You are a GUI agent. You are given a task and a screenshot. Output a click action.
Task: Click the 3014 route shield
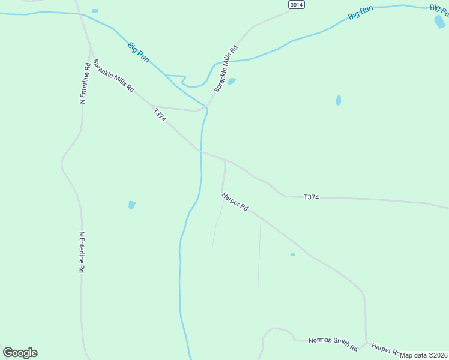point(296,5)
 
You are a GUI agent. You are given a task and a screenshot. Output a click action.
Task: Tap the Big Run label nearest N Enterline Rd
point(138,52)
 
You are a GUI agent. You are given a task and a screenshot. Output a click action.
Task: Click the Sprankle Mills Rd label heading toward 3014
point(226,68)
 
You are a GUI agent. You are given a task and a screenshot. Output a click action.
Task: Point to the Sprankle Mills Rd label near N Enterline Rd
point(113,75)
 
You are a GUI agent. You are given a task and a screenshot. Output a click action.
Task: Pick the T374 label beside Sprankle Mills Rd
point(159,115)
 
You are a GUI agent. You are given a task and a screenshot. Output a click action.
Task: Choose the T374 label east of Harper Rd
point(311,197)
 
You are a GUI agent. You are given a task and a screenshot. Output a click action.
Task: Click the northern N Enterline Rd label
point(85,83)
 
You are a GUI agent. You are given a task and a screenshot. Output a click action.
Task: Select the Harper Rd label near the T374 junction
point(235,202)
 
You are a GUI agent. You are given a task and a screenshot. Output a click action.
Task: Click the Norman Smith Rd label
point(333,344)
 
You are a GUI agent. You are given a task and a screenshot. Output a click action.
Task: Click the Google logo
point(20,353)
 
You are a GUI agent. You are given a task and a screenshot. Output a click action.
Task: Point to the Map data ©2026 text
point(424,355)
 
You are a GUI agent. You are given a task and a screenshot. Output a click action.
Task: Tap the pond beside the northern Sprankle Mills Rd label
point(232,82)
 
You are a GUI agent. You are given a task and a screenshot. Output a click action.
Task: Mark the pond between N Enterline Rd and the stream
point(132,205)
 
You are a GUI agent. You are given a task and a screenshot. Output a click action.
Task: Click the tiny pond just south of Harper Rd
point(292,255)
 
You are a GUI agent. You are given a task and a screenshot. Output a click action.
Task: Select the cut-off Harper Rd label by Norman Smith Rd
point(385,349)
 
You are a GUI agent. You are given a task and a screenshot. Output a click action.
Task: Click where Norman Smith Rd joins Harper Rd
point(366,344)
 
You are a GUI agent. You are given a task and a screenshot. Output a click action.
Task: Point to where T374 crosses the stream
point(200,152)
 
